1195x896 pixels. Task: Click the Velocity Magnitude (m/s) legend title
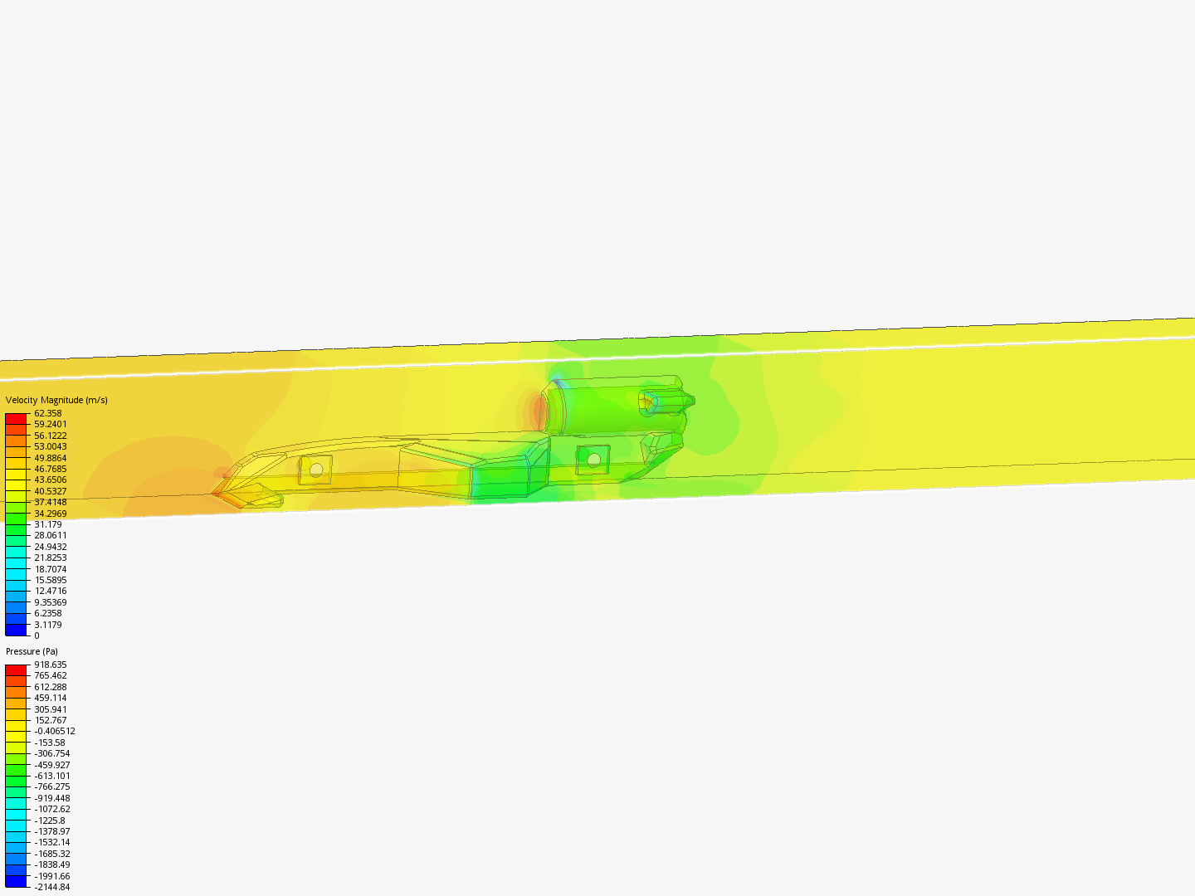[56, 400]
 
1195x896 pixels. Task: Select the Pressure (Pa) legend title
[32, 651]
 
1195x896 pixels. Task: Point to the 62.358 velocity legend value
[47, 413]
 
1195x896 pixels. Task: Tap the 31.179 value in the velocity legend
[47, 524]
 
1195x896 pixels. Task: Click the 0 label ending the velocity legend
[37, 635]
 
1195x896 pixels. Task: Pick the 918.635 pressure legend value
[50, 665]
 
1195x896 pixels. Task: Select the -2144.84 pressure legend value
[51, 887]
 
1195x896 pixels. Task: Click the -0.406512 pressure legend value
[54, 731]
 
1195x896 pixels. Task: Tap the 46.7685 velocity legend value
[50, 469]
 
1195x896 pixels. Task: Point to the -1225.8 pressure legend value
[49, 821]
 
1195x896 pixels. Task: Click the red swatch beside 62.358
[16, 419]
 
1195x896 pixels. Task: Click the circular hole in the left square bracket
[316, 470]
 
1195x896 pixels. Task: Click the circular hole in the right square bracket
[593, 459]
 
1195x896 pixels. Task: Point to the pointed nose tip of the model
[214, 493]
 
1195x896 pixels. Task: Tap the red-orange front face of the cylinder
[539, 411]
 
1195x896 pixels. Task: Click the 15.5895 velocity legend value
[50, 580]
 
